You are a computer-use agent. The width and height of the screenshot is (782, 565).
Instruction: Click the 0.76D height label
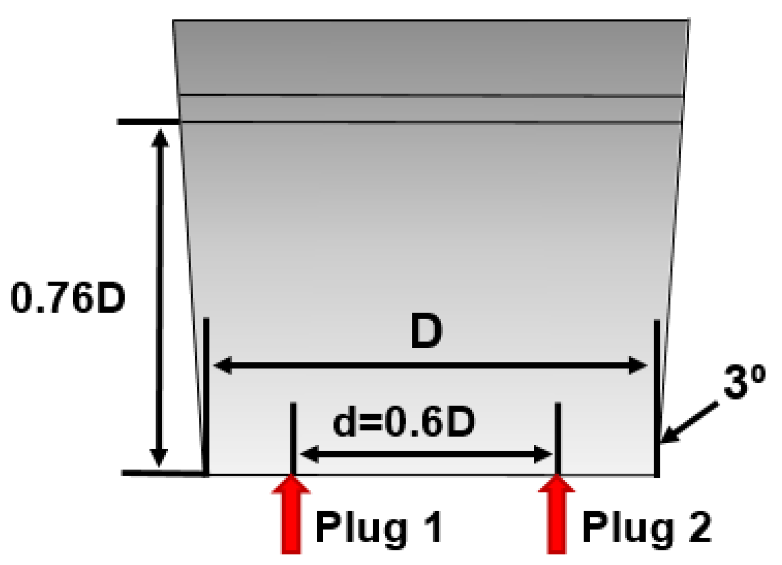(68, 298)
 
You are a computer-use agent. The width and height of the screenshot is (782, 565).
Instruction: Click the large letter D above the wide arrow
(426, 331)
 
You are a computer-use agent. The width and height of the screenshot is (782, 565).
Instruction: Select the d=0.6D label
(404, 422)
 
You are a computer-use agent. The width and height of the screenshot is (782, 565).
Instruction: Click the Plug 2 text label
(646, 527)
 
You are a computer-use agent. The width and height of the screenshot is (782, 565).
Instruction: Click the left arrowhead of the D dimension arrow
(222, 366)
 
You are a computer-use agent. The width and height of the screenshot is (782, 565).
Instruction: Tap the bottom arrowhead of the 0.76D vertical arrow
(159, 457)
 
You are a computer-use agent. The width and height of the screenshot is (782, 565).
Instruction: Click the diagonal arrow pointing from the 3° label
(689, 422)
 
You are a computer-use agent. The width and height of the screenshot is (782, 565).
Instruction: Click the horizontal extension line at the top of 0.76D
(148, 122)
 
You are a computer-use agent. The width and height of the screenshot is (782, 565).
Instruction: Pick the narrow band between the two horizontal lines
(431, 109)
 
